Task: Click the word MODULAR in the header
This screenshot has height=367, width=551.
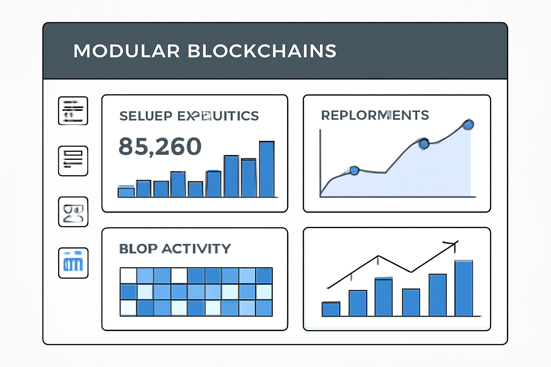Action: click(x=126, y=51)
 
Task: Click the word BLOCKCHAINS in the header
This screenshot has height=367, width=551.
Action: click(x=262, y=51)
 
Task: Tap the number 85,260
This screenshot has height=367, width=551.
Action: click(x=160, y=147)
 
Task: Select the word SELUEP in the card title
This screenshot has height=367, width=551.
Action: click(x=146, y=116)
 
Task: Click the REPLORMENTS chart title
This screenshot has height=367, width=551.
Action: click(x=375, y=115)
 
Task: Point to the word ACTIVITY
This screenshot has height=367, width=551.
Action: click(x=196, y=249)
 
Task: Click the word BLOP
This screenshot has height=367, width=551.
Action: click(x=138, y=249)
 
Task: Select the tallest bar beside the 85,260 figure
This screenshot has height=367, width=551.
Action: click(x=267, y=169)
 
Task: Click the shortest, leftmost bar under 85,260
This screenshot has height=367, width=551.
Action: click(x=126, y=192)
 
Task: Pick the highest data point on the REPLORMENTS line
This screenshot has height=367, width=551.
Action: click(x=468, y=125)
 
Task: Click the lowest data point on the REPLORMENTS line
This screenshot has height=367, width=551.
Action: click(x=354, y=171)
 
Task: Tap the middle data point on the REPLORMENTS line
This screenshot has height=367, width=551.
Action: click(x=424, y=144)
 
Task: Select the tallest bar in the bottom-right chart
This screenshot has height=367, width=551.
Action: click(x=463, y=288)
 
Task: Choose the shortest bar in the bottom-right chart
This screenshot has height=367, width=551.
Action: click(x=331, y=309)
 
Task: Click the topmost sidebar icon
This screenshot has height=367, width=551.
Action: click(x=73, y=111)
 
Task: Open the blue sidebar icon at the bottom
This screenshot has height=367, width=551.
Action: click(x=73, y=263)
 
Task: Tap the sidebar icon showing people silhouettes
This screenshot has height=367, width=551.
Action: click(x=73, y=212)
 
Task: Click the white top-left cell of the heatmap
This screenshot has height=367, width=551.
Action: click(x=128, y=276)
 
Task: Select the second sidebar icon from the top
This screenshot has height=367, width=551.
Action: click(x=73, y=161)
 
